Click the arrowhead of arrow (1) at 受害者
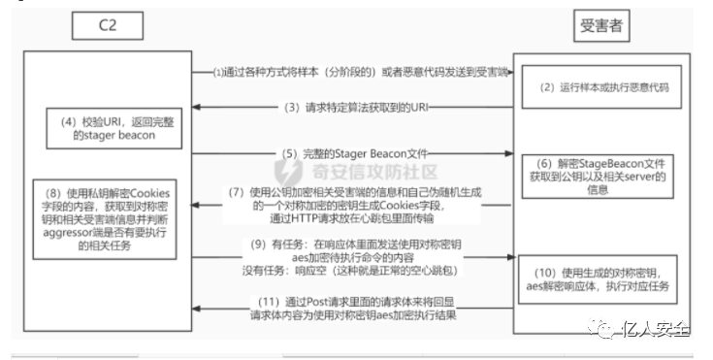click(x=509, y=73)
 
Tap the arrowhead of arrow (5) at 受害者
click(x=509, y=152)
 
